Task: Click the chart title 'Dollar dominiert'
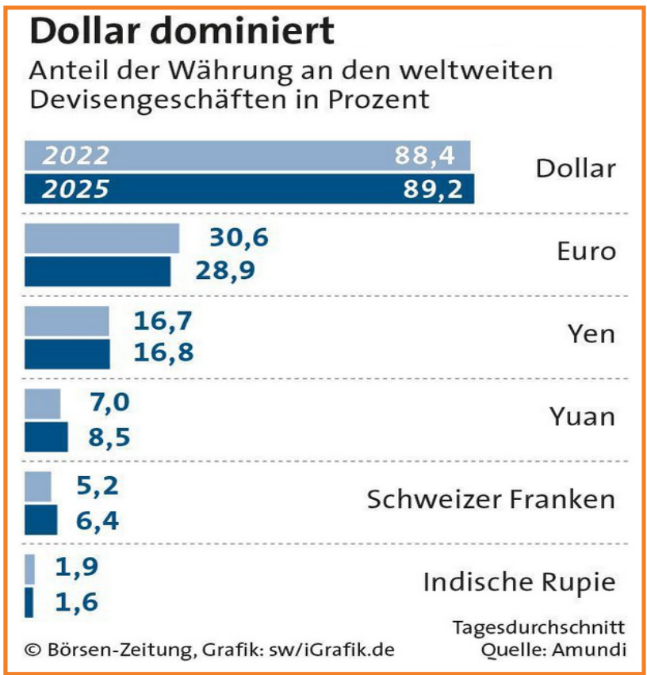point(182,32)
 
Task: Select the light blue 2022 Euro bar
point(102,238)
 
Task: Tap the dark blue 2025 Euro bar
point(98,271)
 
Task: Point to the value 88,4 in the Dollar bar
point(425,156)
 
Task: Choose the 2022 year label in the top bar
point(76,156)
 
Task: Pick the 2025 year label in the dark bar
point(76,189)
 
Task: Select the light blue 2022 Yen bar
point(67,321)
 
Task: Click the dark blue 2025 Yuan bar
point(46,436)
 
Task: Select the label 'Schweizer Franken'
point(491,500)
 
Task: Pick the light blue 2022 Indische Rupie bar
point(30,569)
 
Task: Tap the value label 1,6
point(77,602)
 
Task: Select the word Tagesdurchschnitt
point(538,628)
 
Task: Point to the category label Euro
point(586,252)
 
